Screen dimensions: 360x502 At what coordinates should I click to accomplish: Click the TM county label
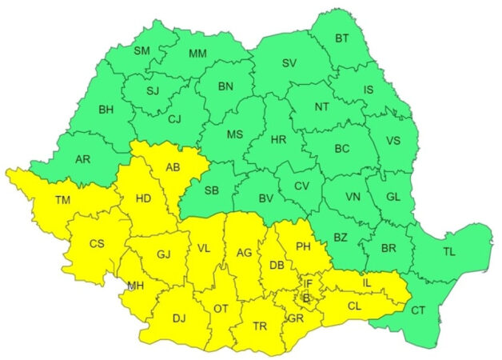[x=40, y=199]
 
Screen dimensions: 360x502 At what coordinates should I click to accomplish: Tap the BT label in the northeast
[x=342, y=38]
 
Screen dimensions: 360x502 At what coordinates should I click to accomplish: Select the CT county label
[x=418, y=310]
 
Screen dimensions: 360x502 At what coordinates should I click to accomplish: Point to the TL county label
[x=448, y=251]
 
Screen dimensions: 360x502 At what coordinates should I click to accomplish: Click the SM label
[x=141, y=51]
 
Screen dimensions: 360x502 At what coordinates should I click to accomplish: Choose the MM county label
[x=197, y=54]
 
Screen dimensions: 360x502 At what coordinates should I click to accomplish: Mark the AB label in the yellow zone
[x=173, y=168]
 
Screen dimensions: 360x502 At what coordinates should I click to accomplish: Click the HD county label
[x=144, y=198]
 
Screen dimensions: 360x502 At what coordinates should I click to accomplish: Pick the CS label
[x=97, y=244]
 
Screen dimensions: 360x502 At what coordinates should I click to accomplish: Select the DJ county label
[x=179, y=318]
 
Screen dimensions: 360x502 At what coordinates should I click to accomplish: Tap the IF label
[x=308, y=283]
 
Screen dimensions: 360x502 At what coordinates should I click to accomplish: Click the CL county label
[x=354, y=306]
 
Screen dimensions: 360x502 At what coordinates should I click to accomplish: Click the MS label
[x=234, y=134]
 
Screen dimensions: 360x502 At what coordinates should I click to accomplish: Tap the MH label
[x=135, y=286]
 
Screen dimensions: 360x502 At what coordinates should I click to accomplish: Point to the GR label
[x=296, y=318]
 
